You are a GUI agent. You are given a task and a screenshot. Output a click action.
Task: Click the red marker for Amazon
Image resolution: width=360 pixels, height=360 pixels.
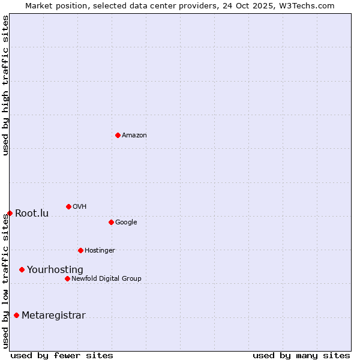118,135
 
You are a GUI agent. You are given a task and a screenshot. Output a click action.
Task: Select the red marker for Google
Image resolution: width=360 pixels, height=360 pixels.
111,222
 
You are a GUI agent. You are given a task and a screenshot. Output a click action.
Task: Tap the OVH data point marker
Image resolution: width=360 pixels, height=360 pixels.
68,206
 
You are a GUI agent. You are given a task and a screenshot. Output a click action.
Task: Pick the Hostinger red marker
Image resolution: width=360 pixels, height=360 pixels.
80,250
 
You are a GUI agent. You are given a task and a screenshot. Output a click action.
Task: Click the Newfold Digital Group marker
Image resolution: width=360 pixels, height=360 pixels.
67,278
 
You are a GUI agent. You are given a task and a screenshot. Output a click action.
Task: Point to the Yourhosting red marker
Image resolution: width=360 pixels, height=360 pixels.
22,269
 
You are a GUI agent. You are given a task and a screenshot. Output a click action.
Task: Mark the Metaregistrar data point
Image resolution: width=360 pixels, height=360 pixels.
16,315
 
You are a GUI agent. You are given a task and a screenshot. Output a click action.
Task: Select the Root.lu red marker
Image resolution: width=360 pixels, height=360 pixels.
10,213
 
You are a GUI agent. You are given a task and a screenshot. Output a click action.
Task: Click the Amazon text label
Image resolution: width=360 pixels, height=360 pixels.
134,136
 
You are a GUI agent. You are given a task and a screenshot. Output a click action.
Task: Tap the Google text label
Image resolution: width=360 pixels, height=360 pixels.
126,223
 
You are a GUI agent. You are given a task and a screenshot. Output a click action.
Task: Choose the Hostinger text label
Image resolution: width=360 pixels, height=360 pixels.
100,251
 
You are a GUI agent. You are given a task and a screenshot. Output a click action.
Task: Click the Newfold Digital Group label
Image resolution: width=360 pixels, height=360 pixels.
106,279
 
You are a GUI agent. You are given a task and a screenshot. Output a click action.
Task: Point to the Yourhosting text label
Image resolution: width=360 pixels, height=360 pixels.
55,270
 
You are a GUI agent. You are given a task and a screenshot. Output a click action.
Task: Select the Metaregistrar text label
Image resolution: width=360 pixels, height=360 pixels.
53,316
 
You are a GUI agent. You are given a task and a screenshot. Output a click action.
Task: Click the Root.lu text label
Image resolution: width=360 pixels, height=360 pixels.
32,214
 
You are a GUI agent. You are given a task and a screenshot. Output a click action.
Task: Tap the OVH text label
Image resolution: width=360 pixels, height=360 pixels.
80,207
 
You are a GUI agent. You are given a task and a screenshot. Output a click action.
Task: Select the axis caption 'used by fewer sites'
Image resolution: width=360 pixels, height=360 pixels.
62,355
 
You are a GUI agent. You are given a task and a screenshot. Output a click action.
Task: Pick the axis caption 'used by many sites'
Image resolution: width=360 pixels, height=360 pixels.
301,355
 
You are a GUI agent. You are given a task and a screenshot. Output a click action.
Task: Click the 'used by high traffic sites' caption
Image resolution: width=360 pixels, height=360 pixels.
6,85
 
